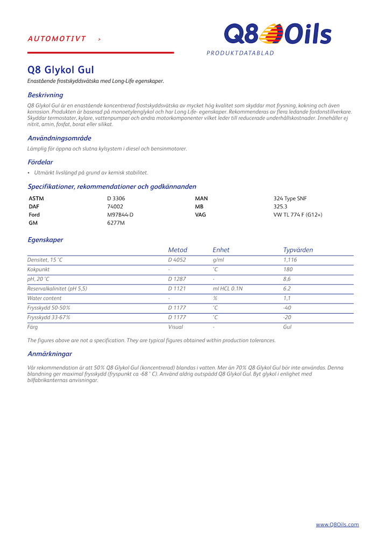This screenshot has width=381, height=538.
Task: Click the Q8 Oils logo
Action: coord(278,34)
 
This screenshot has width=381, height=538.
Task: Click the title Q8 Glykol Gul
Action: coord(61,70)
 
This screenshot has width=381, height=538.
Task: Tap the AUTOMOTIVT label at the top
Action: coord(57,39)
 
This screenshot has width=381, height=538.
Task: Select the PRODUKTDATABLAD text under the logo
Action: coord(240,53)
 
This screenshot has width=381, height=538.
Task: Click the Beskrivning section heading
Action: coord(45,95)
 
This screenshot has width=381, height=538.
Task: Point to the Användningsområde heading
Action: coord(59,138)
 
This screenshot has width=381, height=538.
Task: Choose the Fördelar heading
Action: coord(40,162)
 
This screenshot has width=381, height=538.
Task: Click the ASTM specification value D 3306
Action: coord(116,199)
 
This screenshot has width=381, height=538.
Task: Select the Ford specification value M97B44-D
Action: coord(120,215)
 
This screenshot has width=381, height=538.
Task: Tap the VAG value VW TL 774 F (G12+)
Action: coord(298,215)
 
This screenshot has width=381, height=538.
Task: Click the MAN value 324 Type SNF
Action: coord(290,199)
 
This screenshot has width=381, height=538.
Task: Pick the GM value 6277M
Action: coord(116,223)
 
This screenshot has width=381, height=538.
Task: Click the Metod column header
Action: coord(178,250)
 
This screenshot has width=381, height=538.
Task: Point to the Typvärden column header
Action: coord(298,250)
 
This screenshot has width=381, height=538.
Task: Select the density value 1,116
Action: coord(290,260)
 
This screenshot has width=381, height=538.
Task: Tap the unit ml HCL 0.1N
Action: coord(228,288)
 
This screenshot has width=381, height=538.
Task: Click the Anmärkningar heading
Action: coord(50,353)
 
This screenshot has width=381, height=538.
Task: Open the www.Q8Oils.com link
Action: coord(337,525)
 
